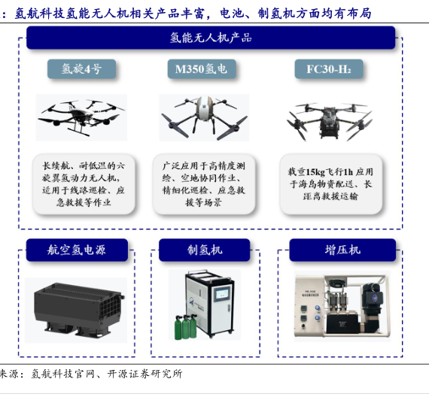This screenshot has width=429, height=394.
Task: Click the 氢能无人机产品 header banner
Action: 211,38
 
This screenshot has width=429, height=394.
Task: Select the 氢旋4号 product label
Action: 81,69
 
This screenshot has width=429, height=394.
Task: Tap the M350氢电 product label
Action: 202,69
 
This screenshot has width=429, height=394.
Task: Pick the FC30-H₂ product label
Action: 329,69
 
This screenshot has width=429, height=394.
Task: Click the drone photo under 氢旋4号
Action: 81,117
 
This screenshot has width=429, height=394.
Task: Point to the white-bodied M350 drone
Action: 204,117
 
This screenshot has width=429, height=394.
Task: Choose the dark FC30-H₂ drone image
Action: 330,121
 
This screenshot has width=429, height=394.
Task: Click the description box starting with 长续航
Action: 84,184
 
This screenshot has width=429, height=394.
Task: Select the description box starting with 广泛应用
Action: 204,184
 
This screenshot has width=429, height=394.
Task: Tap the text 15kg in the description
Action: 315,172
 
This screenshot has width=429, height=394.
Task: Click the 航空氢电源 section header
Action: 77,250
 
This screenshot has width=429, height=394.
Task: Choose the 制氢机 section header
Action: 205,250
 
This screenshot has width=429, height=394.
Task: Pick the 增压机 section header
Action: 342,250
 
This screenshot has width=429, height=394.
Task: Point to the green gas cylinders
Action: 185,326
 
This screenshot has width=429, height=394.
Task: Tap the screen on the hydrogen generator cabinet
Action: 222,294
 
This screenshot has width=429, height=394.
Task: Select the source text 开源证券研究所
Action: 145,374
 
